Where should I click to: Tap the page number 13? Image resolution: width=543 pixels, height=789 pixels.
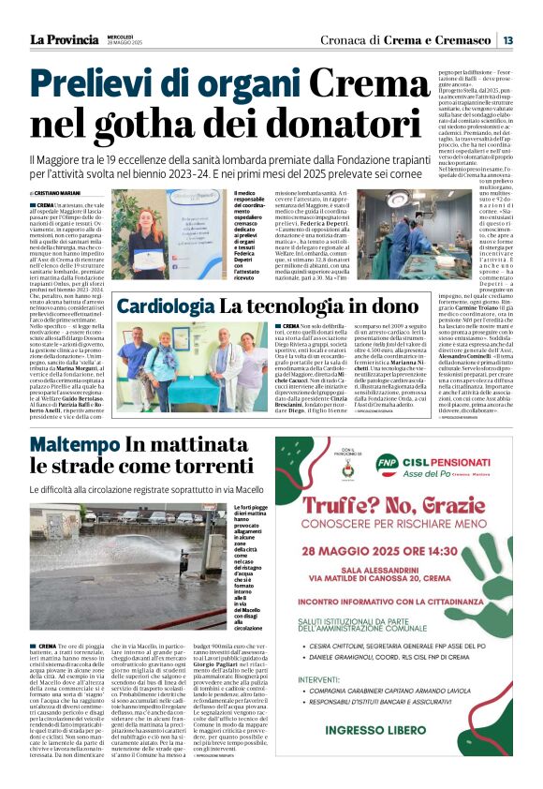tap(506, 40)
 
